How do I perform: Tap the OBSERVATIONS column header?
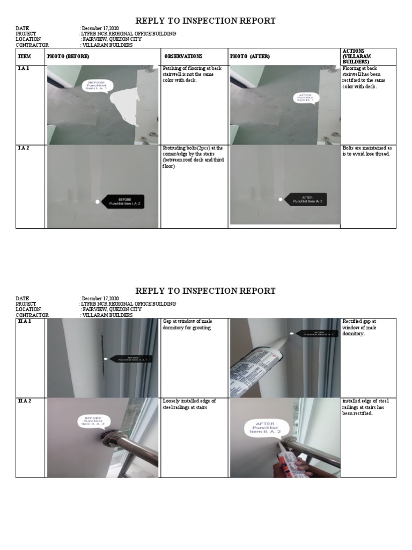point(183,56)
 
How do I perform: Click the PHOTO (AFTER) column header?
point(250,56)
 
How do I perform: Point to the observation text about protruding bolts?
point(193,157)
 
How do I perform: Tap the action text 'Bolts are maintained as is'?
point(367,150)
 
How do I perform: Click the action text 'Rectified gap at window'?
point(359,327)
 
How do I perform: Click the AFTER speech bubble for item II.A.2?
point(267,428)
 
